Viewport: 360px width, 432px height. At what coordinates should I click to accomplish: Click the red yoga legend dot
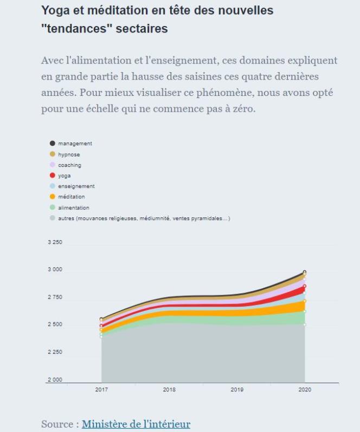click(x=53, y=176)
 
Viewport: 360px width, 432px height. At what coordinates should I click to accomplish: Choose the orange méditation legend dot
click(x=53, y=197)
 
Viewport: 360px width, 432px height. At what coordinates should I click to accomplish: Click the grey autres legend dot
click(x=53, y=218)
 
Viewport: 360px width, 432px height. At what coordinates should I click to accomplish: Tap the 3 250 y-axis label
click(x=55, y=242)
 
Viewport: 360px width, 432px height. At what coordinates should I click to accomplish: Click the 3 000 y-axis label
click(x=55, y=270)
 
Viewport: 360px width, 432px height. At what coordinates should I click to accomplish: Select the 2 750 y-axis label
click(x=55, y=298)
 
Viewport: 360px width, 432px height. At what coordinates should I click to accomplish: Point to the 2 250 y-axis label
click(x=55, y=352)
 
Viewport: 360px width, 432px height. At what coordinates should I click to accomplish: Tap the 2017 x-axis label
click(x=101, y=390)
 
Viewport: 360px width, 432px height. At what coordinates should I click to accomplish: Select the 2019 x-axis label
click(x=237, y=390)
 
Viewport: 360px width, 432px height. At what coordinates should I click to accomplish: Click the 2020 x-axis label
click(x=305, y=390)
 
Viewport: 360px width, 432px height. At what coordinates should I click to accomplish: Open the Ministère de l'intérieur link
click(x=136, y=424)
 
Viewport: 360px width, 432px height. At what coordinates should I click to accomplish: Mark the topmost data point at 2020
click(x=305, y=272)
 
